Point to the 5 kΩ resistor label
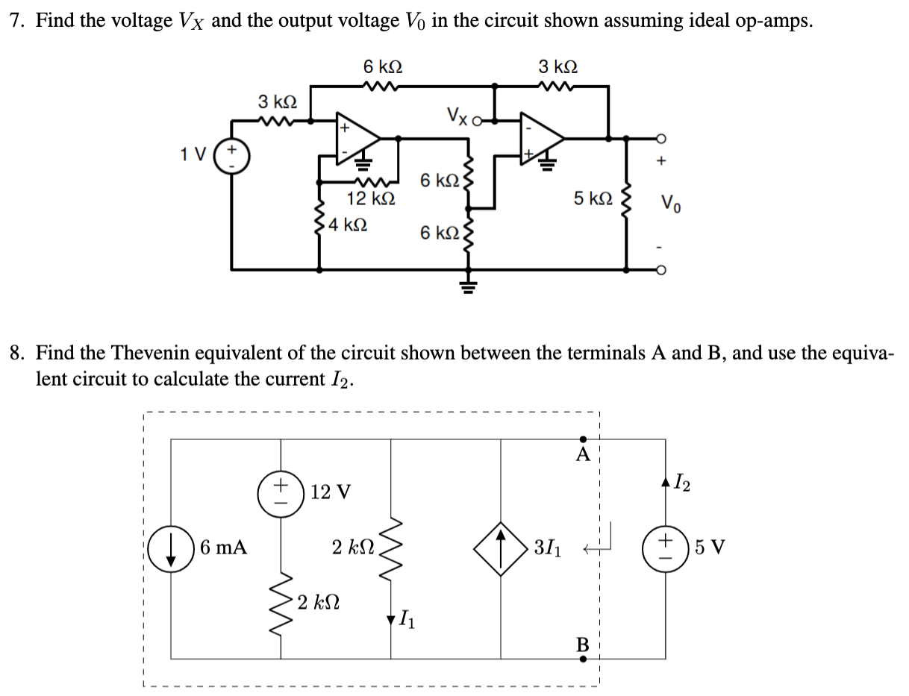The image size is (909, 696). pyautogui.click(x=594, y=198)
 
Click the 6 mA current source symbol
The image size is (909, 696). pyautogui.click(x=172, y=549)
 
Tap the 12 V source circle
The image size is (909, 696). pyautogui.click(x=281, y=492)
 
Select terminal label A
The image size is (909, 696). pyautogui.click(x=583, y=454)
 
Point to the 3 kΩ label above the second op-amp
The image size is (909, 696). pyautogui.click(x=557, y=66)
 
